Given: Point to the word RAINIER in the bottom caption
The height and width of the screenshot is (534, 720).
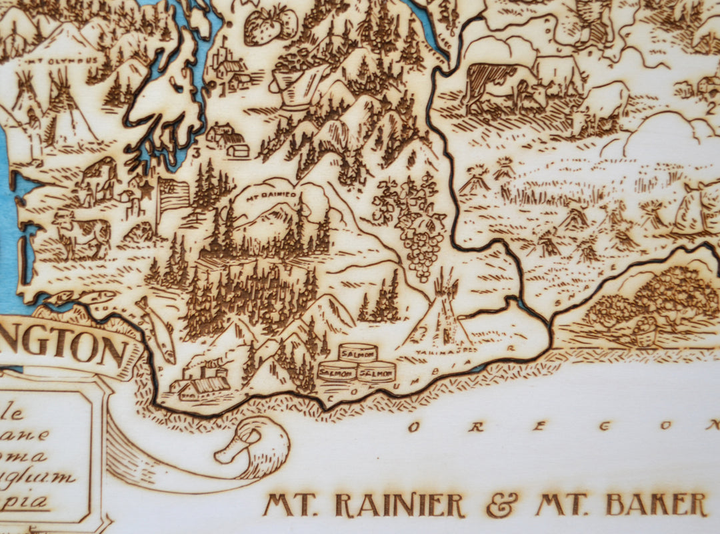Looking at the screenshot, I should (400, 505).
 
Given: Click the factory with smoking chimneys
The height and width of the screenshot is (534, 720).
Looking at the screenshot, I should (200, 380).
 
